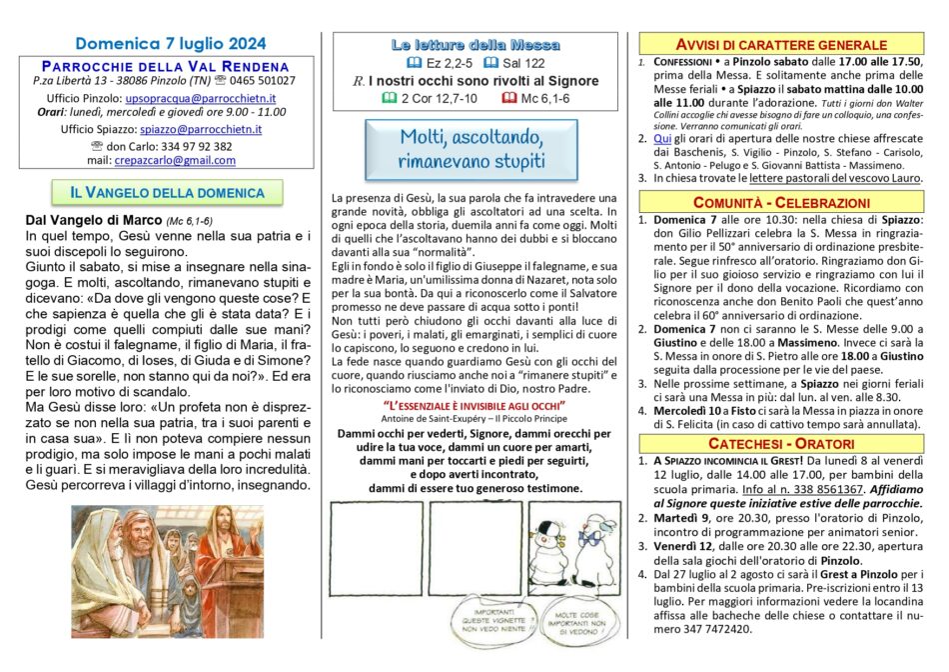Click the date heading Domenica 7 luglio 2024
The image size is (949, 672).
171,43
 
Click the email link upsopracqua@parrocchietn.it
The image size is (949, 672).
201,99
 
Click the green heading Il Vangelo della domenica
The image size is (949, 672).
167,192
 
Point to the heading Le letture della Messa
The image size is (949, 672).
474,45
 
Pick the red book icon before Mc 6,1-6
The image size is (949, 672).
508,97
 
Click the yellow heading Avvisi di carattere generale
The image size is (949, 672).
783,45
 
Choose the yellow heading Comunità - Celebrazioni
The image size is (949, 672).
783,202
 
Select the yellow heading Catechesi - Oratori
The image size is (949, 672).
783,442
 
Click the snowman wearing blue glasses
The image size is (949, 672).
592,546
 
